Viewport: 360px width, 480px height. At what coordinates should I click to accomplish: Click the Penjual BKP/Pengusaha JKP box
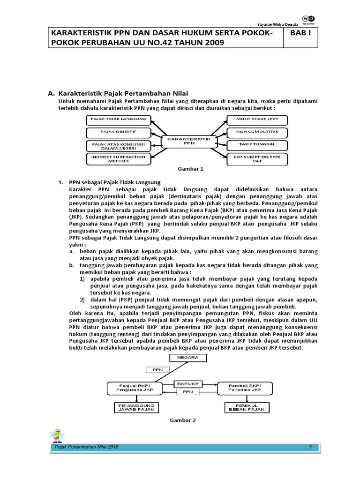coord(134,387)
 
